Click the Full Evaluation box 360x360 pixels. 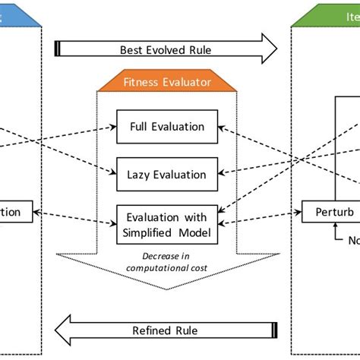click(167, 126)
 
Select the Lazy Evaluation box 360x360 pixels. click(167, 173)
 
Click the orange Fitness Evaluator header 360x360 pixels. click(167, 79)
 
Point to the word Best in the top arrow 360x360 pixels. click(131, 50)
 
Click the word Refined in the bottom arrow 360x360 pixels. click(153, 330)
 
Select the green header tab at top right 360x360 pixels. click(327, 14)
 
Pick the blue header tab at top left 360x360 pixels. click(15, 14)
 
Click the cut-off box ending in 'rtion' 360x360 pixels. click(15, 212)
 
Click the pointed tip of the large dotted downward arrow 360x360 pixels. click(167, 288)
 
